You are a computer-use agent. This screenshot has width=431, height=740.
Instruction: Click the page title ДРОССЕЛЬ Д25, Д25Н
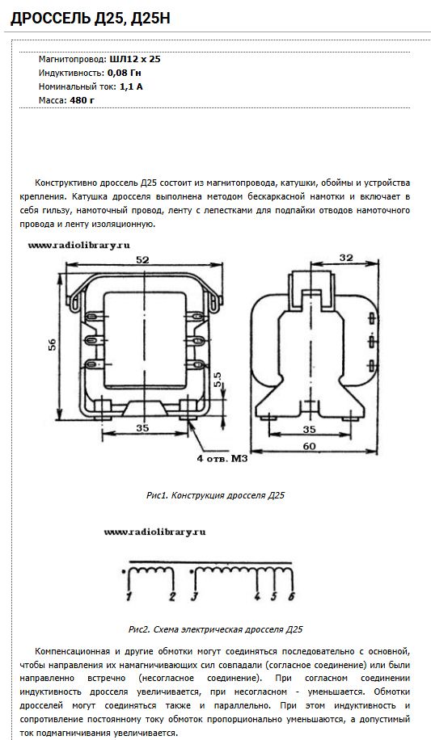click(90, 19)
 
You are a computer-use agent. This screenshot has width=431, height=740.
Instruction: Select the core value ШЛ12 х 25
click(135, 60)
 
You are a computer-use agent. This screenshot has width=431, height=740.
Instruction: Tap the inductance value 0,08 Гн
click(125, 74)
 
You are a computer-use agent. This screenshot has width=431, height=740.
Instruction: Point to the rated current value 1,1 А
click(131, 86)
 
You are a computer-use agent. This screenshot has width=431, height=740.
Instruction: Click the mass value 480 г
click(82, 100)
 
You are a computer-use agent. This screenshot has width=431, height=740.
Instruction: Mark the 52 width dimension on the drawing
click(142, 259)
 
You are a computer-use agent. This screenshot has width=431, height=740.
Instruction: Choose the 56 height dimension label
click(52, 344)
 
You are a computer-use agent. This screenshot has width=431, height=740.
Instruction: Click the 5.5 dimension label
click(217, 381)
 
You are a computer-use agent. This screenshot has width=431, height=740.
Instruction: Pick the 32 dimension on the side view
click(346, 257)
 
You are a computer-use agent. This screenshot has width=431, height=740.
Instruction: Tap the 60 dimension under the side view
click(309, 446)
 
